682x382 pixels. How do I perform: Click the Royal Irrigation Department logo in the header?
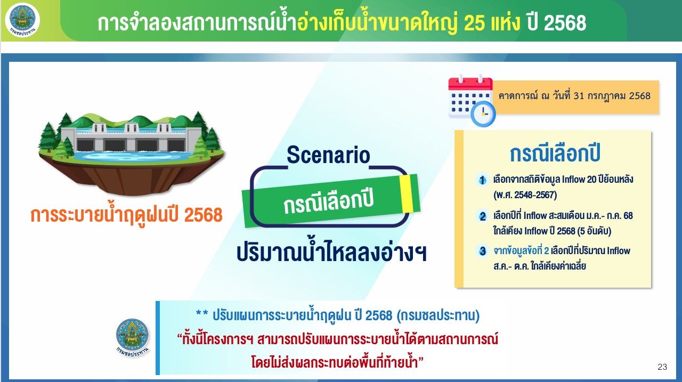click(x=22, y=20)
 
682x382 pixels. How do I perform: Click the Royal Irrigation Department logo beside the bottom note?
click(x=133, y=337)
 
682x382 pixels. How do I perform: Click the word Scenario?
click(x=328, y=155)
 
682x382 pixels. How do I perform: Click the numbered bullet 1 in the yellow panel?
click(x=482, y=180)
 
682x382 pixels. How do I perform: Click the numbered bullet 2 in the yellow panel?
click(x=482, y=216)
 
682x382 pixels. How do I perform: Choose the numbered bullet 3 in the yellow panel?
click(x=482, y=251)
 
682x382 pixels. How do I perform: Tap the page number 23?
click(x=662, y=367)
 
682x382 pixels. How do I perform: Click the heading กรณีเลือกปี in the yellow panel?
click(x=555, y=153)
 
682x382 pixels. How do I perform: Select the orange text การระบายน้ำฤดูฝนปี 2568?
click(x=126, y=215)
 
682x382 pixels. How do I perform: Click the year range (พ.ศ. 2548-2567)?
click(x=525, y=194)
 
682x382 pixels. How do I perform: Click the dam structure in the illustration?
click(x=131, y=137)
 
